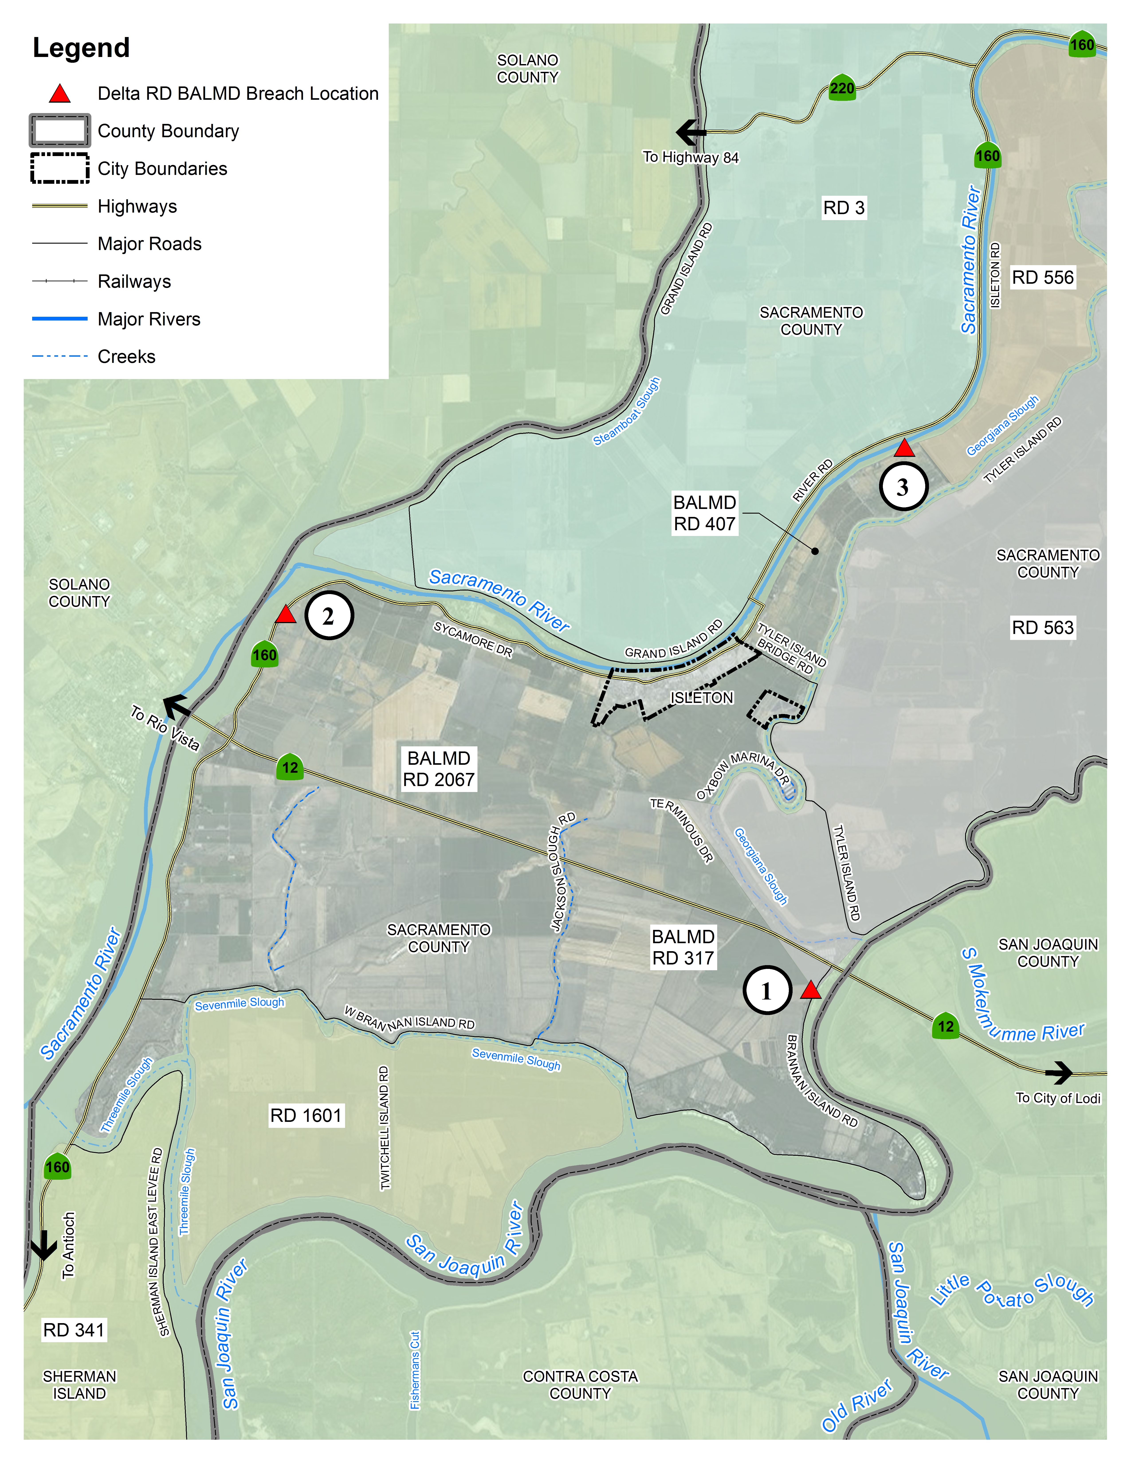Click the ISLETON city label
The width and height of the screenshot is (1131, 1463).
(x=701, y=698)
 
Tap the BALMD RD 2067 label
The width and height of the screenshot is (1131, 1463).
(x=439, y=769)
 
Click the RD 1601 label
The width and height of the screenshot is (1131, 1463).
(x=306, y=1115)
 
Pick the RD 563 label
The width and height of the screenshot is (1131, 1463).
(x=1043, y=628)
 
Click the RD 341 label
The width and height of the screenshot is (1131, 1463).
(x=74, y=1330)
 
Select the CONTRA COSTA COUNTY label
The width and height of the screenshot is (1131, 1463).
(x=580, y=1385)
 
